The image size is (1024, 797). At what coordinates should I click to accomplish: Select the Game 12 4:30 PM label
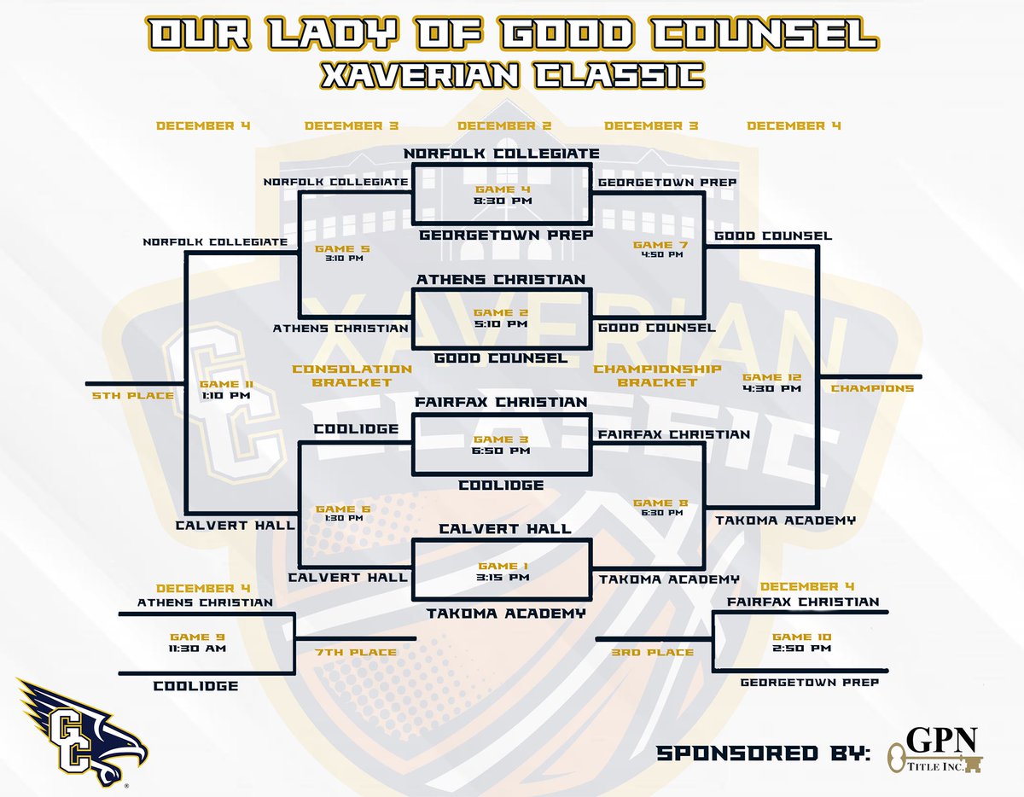click(x=771, y=382)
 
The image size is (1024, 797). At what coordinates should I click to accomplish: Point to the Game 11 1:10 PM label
click(x=225, y=390)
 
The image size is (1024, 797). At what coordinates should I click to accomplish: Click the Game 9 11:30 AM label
click(x=189, y=643)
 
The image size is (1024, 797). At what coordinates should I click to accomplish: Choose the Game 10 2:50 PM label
click(x=801, y=643)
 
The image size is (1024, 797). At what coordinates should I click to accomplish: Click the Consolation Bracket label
click(x=352, y=375)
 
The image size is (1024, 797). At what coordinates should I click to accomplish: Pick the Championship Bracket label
click(x=657, y=375)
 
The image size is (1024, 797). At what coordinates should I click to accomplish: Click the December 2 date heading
click(x=504, y=126)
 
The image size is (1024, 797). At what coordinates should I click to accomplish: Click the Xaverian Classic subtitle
click(x=512, y=74)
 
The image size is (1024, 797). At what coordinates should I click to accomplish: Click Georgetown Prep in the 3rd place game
click(x=809, y=683)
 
